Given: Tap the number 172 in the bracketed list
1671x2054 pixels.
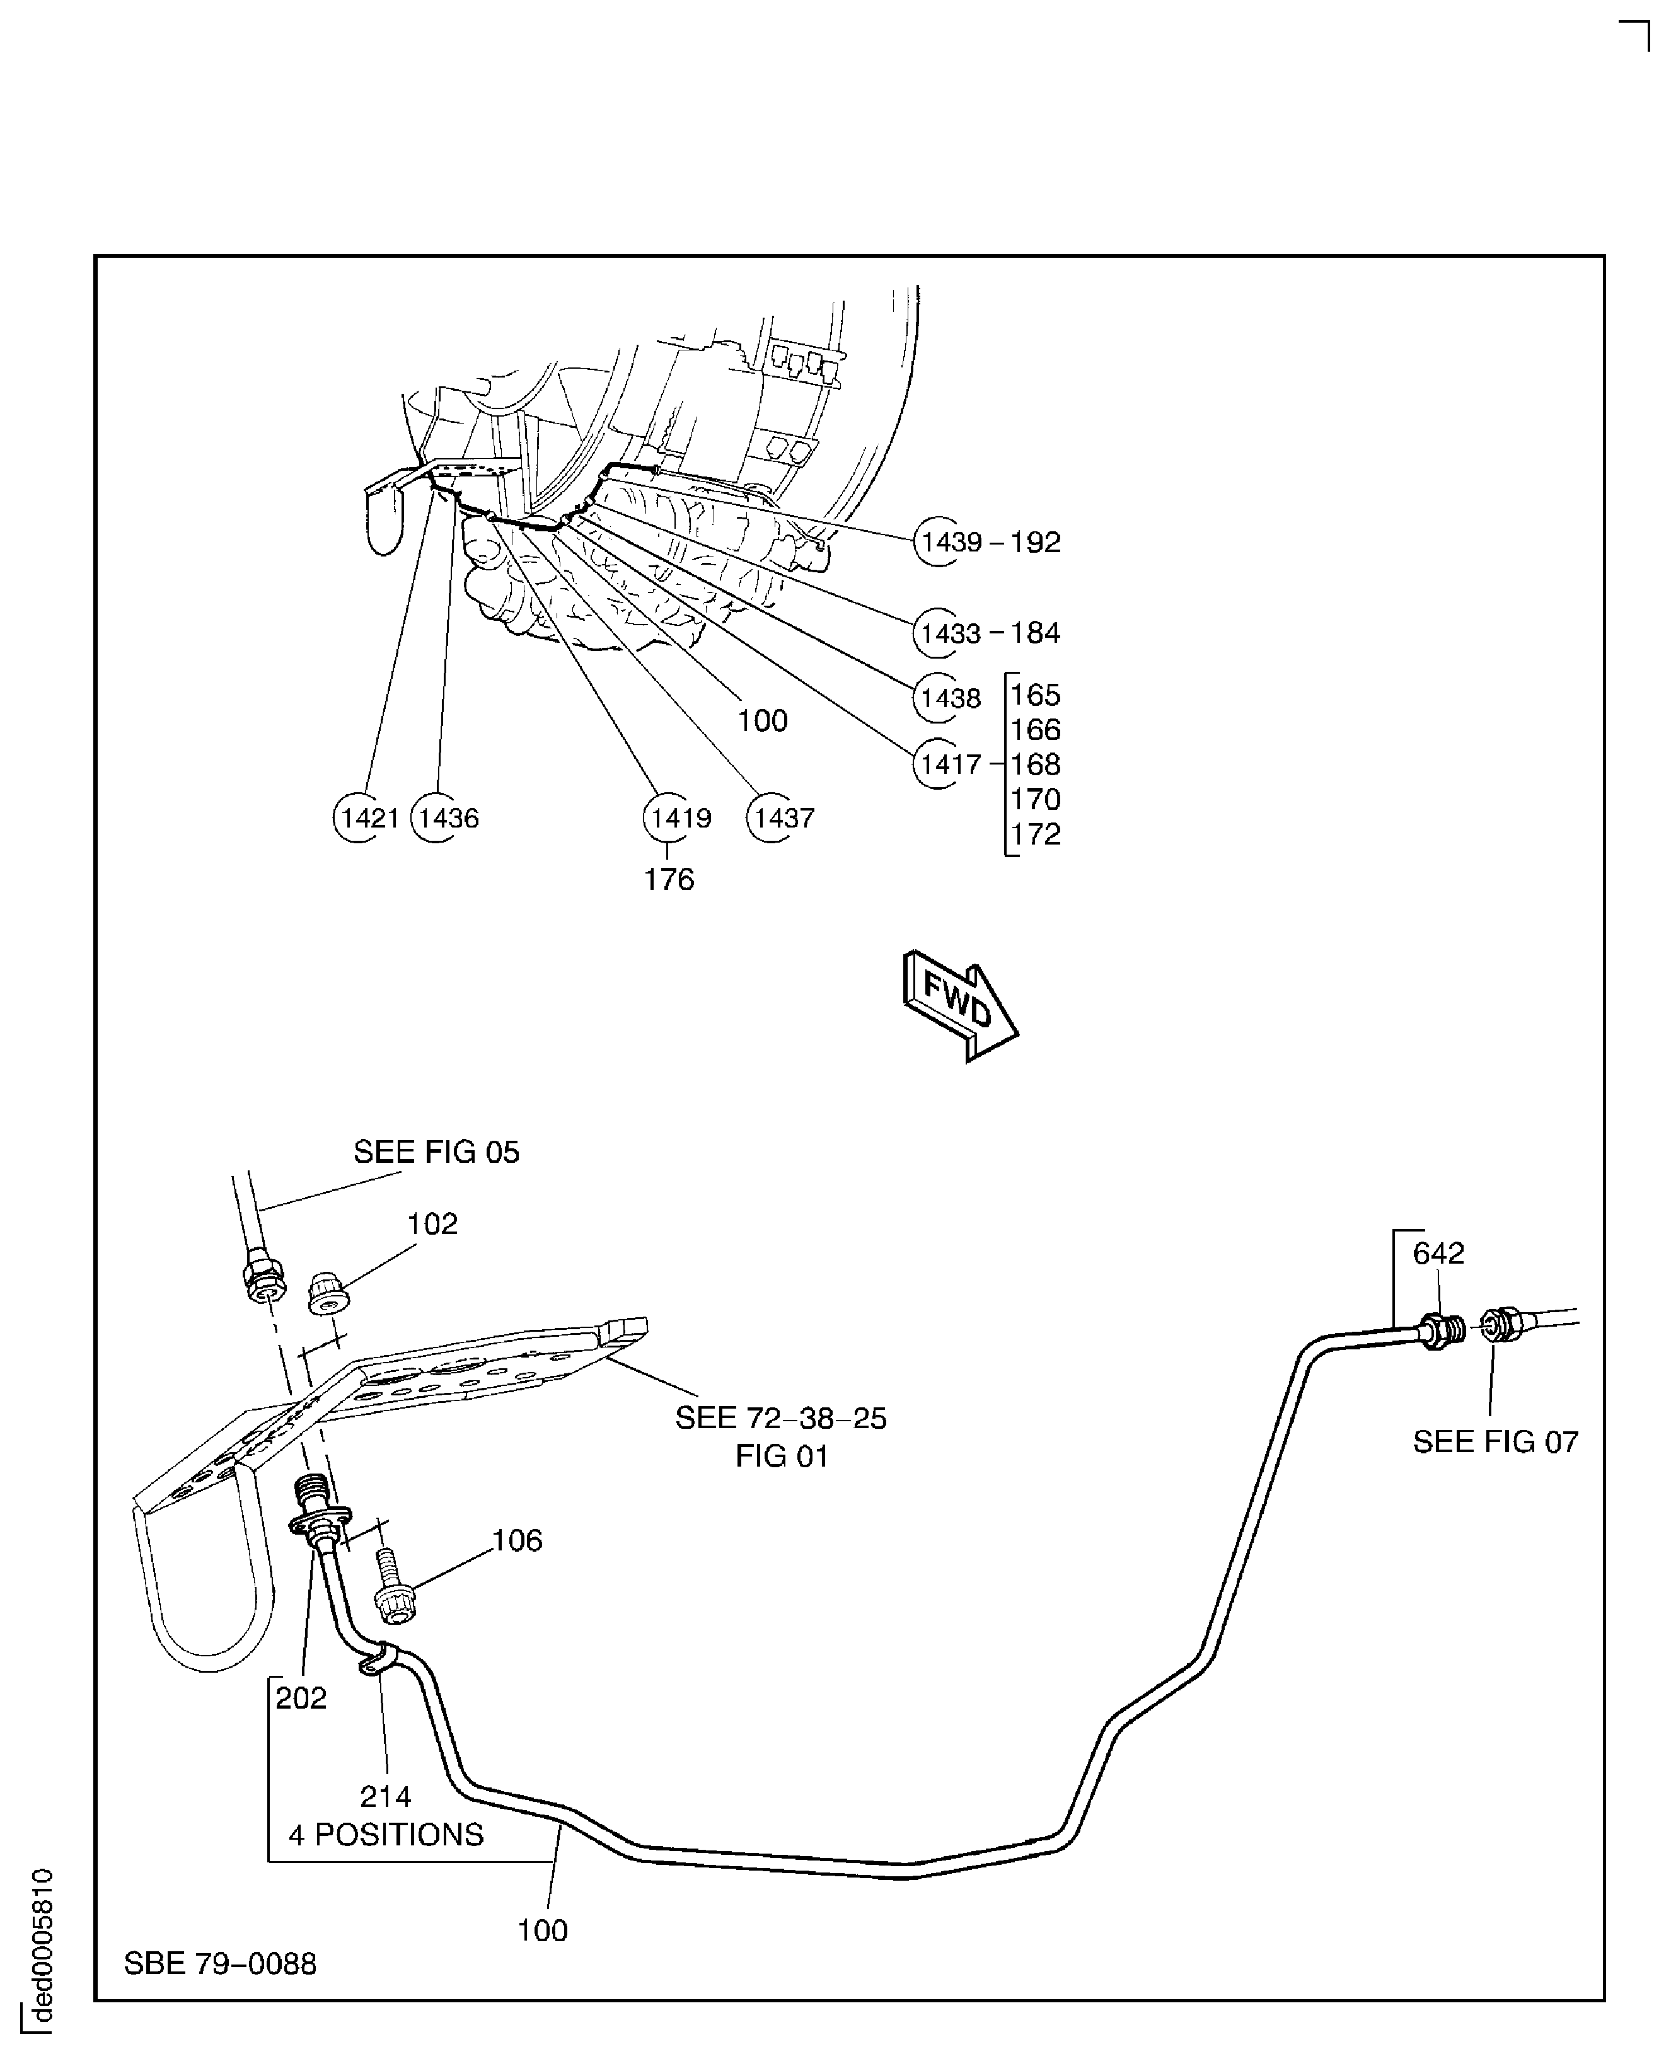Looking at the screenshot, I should [x=1036, y=834].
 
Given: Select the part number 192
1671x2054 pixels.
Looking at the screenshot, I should [x=1036, y=542].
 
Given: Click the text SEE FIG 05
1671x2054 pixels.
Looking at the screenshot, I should [x=436, y=1152].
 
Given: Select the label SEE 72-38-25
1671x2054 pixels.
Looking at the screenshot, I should [x=780, y=1419].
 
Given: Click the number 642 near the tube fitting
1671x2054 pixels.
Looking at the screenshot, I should [x=1438, y=1253].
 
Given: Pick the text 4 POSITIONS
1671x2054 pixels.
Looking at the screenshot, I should [x=386, y=1835].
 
